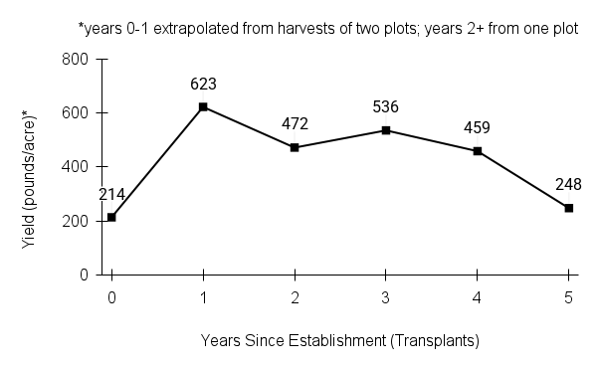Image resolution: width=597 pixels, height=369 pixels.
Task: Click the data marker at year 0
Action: click(111, 217)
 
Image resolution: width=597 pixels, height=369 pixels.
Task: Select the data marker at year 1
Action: click(203, 106)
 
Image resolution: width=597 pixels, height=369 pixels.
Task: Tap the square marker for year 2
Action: click(295, 147)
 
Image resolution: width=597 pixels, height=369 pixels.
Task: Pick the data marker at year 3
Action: click(386, 130)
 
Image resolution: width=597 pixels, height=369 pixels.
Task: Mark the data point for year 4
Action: click(478, 151)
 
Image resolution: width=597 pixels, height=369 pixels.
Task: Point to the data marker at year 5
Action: click(569, 208)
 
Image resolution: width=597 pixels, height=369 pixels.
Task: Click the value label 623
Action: click(203, 85)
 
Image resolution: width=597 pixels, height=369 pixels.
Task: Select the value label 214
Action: click(111, 195)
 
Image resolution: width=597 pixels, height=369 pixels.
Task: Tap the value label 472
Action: click(295, 124)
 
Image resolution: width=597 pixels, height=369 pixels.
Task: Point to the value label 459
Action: click(478, 128)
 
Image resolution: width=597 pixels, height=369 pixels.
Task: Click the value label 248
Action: click(569, 185)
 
